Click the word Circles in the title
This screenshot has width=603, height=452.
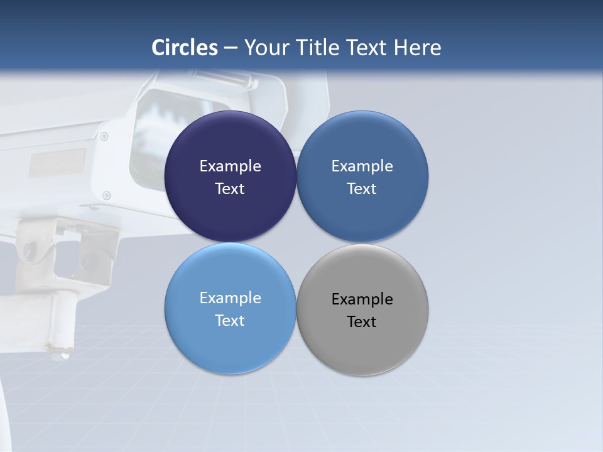click(x=185, y=48)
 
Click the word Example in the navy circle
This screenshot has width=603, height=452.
click(x=230, y=166)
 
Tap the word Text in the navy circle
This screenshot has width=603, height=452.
click(x=230, y=188)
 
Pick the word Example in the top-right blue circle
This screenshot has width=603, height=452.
click(x=362, y=166)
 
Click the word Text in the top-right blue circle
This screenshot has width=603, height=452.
click(x=362, y=188)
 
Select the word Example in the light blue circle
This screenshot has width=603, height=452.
click(x=230, y=298)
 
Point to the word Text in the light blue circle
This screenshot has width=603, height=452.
click(x=230, y=320)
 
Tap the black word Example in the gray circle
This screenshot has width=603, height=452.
click(x=362, y=299)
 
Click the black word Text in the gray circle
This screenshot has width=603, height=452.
click(x=362, y=321)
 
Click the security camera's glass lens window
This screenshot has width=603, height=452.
click(x=157, y=135)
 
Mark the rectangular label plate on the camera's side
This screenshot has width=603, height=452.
click(x=57, y=161)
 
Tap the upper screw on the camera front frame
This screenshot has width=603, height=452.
click(x=104, y=136)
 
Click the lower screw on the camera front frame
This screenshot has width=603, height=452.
click(x=106, y=195)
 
